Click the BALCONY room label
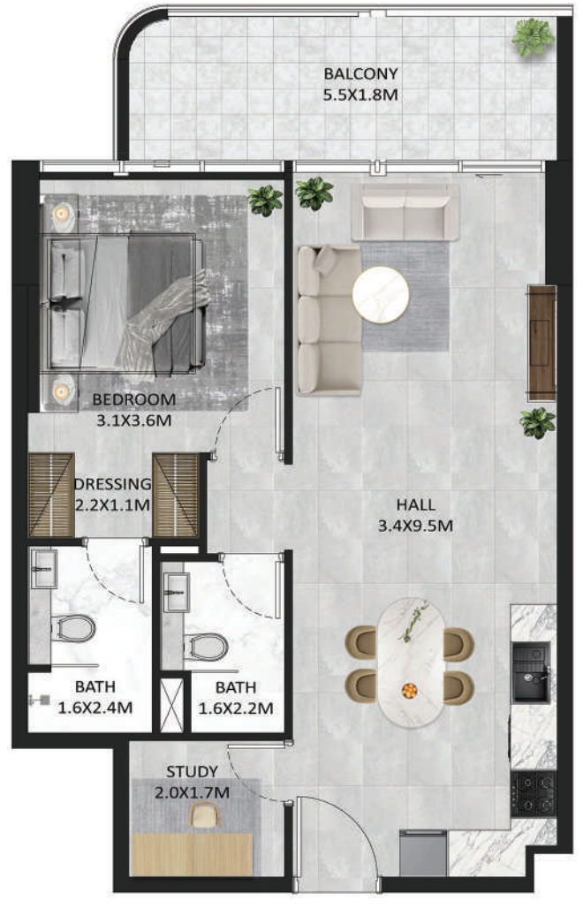point(360,74)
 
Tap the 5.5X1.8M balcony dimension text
point(360,95)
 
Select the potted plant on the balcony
point(533,37)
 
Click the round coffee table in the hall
point(381,295)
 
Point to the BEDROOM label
point(133,399)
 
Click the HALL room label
point(415,505)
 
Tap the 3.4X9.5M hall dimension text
point(415,526)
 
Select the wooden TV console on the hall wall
point(541,343)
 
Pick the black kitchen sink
point(531,672)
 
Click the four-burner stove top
point(533,793)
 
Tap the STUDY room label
point(193,772)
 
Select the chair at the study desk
point(205,816)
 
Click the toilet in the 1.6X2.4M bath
point(73,628)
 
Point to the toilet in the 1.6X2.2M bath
point(207,647)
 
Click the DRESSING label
point(112,484)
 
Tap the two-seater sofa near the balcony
point(405,212)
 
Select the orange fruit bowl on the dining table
point(408,690)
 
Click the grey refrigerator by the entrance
point(422,852)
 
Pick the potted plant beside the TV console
point(537,423)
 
